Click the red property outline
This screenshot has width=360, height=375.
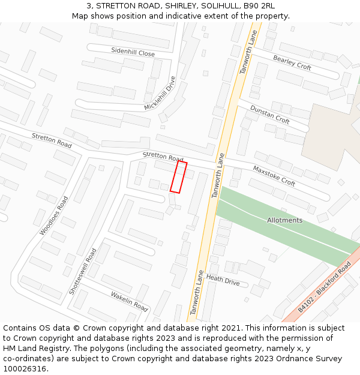point(178,177)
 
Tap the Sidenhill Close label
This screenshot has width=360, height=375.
point(133,53)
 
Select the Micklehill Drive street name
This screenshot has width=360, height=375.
point(160,94)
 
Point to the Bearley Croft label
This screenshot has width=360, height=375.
point(292,62)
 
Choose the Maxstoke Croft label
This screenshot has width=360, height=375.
point(274,175)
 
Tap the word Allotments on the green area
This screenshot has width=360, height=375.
point(284,220)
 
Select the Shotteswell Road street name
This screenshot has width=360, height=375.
point(83,271)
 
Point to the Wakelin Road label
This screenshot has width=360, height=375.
point(129,301)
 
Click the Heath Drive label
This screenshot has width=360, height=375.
point(223,280)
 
